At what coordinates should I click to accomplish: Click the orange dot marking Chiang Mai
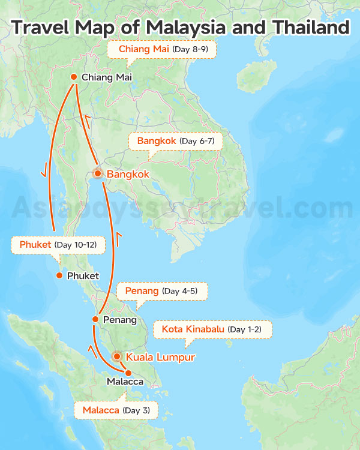point(73,77)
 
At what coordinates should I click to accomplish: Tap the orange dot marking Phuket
point(59,275)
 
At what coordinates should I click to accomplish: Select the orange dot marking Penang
point(95,319)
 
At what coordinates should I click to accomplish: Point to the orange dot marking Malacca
point(128,373)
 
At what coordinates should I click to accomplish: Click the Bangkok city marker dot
point(98,173)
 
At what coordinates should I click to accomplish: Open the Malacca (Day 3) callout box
point(115,410)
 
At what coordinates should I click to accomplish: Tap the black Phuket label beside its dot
point(83,275)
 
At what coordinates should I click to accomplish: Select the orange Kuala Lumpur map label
point(160,357)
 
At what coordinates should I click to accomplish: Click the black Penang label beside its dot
point(119,319)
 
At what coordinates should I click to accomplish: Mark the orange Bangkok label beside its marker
point(128,174)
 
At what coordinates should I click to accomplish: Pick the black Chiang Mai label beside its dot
point(106,77)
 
